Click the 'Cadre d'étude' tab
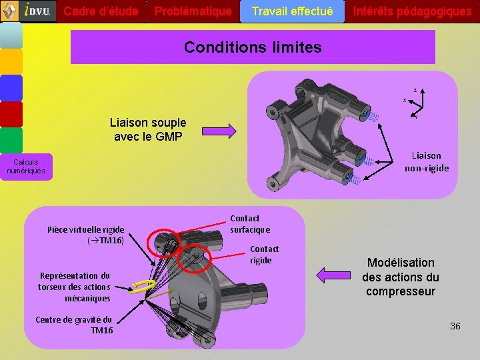101,11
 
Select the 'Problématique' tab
193,11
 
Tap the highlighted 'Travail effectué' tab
292,11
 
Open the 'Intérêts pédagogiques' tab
412,11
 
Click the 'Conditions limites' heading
253,47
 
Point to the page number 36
455,326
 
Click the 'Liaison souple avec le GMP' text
148,130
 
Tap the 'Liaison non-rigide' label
427,162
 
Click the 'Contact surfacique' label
250,224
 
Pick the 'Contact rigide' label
264,255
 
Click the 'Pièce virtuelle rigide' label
85,235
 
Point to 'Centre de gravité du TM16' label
74,325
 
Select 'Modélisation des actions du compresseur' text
401,277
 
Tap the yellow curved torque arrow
143,286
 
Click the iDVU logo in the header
37,11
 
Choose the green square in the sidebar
11,141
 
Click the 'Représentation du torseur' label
74,287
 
